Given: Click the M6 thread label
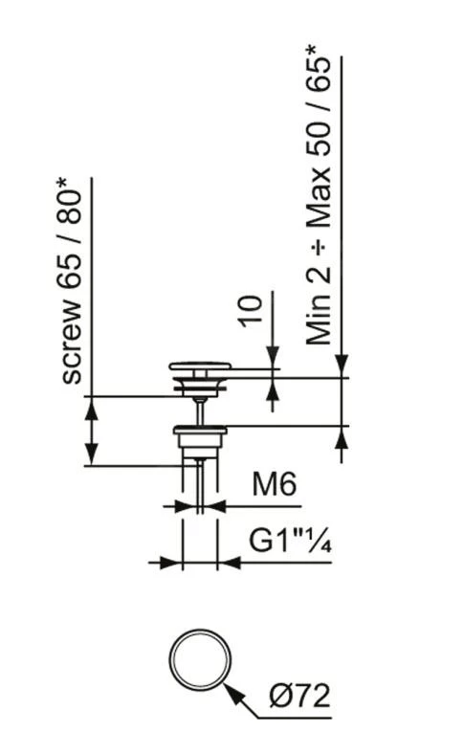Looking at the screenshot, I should point(275,486).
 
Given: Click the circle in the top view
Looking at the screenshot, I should point(201,660).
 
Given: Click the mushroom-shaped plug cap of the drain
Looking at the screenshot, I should point(200,366).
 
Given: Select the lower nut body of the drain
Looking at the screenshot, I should point(200,441).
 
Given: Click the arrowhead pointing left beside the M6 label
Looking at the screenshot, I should point(214,506).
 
